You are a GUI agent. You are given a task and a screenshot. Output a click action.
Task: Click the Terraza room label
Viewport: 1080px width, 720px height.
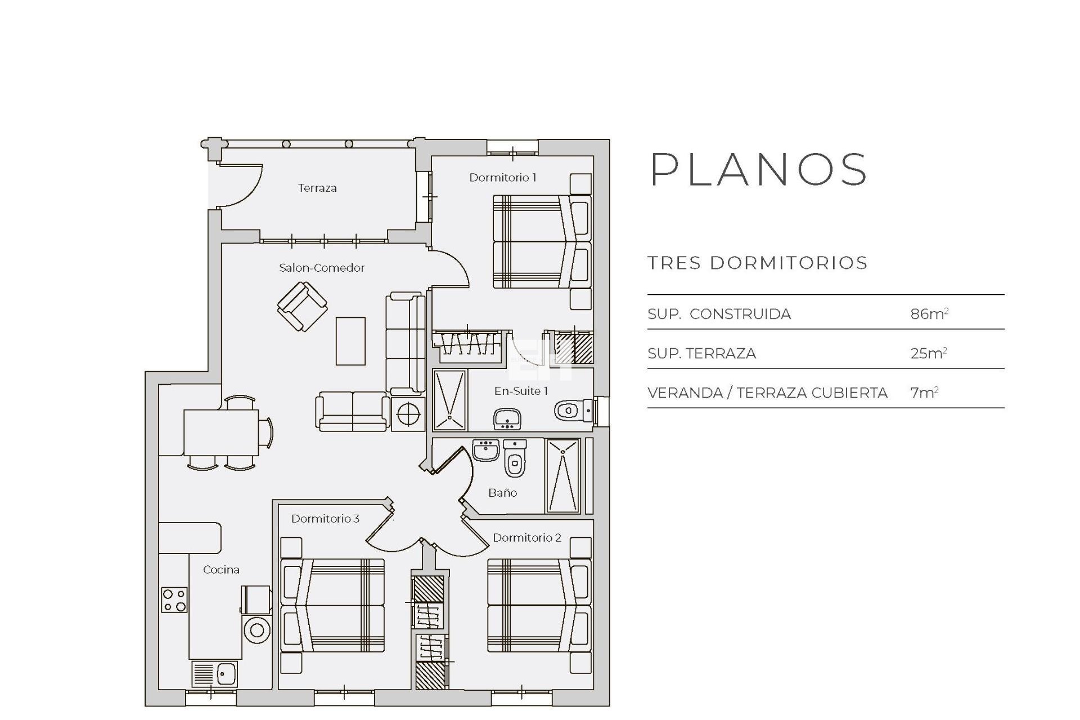(317, 188)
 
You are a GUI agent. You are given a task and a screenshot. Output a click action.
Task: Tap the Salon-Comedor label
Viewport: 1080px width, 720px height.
(322, 268)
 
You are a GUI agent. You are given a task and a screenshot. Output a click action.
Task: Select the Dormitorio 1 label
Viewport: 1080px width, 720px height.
(503, 178)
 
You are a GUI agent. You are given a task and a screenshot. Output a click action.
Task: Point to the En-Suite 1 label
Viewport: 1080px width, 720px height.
(521, 391)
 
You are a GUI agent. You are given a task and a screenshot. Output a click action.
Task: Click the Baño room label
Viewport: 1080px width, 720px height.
(503, 493)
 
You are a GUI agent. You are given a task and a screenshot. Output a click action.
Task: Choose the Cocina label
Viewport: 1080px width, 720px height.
(221, 570)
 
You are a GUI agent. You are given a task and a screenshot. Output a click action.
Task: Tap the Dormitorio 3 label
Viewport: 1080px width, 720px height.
(325, 519)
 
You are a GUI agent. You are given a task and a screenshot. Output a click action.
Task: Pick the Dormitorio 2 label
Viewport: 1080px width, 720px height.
(527, 538)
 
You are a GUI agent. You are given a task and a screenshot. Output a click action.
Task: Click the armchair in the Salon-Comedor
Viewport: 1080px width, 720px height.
(303, 306)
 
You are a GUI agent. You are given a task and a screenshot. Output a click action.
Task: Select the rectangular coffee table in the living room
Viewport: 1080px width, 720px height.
(350, 341)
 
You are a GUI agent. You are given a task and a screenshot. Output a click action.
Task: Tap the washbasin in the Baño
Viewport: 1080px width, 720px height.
(485, 450)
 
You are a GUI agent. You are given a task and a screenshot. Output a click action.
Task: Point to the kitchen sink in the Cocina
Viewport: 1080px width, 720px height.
(215, 673)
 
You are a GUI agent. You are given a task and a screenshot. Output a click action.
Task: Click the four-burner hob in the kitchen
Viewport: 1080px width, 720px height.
(174, 600)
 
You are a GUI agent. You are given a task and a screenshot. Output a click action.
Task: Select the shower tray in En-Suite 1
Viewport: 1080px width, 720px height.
(450, 400)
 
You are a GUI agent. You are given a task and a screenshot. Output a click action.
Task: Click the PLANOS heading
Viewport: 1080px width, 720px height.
(759, 169)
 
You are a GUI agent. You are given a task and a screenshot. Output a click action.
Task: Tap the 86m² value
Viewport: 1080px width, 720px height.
(929, 313)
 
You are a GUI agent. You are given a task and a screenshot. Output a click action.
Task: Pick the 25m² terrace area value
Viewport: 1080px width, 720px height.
(929, 353)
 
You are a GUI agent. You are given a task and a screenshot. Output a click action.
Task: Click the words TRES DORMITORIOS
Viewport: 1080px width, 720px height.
(757, 263)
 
